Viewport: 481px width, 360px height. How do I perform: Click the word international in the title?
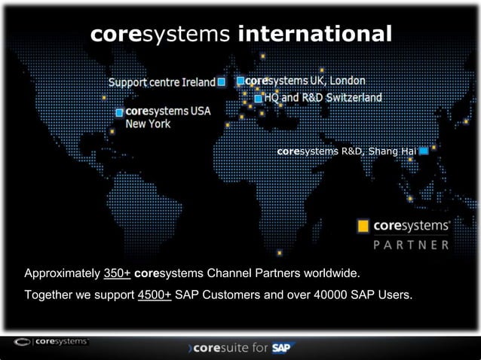pyautogui.click(x=329, y=35)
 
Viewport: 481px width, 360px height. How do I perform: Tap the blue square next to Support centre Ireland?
pyautogui.click(x=221, y=82)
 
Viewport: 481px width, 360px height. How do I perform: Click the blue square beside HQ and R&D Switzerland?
pyautogui.click(x=258, y=98)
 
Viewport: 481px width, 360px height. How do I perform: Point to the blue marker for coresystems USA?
pyautogui.click(x=119, y=112)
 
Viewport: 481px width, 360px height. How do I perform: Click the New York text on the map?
pyautogui.click(x=148, y=124)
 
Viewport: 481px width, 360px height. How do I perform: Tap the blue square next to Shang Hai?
pyautogui.click(x=424, y=151)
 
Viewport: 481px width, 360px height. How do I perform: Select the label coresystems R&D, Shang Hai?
pyautogui.click(x=346, y=151)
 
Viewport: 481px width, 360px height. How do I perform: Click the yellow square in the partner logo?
pyautogui.click(x=363, y=226)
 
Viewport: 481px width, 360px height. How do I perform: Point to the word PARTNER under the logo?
pyautogui.click(x=412, y=244)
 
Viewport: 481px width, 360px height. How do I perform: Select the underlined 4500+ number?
pyautogui.click(x=155, y=294)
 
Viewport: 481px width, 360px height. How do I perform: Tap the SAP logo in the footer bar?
pyautogui.click(x=283, y=349)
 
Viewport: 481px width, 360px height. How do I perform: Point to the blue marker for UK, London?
pyautogui.click(x=240, y=81)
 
